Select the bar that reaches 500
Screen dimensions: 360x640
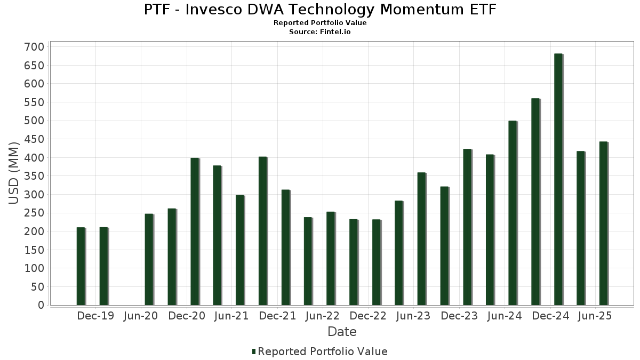[513, 213]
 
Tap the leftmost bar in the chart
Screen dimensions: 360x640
[81, 266]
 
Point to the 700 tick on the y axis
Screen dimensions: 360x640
[34, 47]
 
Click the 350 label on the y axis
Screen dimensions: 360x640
[34, 176]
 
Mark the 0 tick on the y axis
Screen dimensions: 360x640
[41, 305]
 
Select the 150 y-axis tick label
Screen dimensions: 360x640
[34, 250]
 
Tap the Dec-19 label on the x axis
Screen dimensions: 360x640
[95, 316]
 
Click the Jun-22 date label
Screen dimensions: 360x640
[322, 316]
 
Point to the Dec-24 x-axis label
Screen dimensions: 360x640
[550, 316]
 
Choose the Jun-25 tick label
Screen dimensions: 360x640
[595, 316]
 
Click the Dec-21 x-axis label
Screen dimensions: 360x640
[277, 316]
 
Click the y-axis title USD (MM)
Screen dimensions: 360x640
[14, 173]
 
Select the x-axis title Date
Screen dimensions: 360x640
[342, 332]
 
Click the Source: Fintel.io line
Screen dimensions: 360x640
[320, 32]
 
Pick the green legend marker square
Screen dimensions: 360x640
[254, 351]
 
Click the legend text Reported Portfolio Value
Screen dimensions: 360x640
[323, 351]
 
